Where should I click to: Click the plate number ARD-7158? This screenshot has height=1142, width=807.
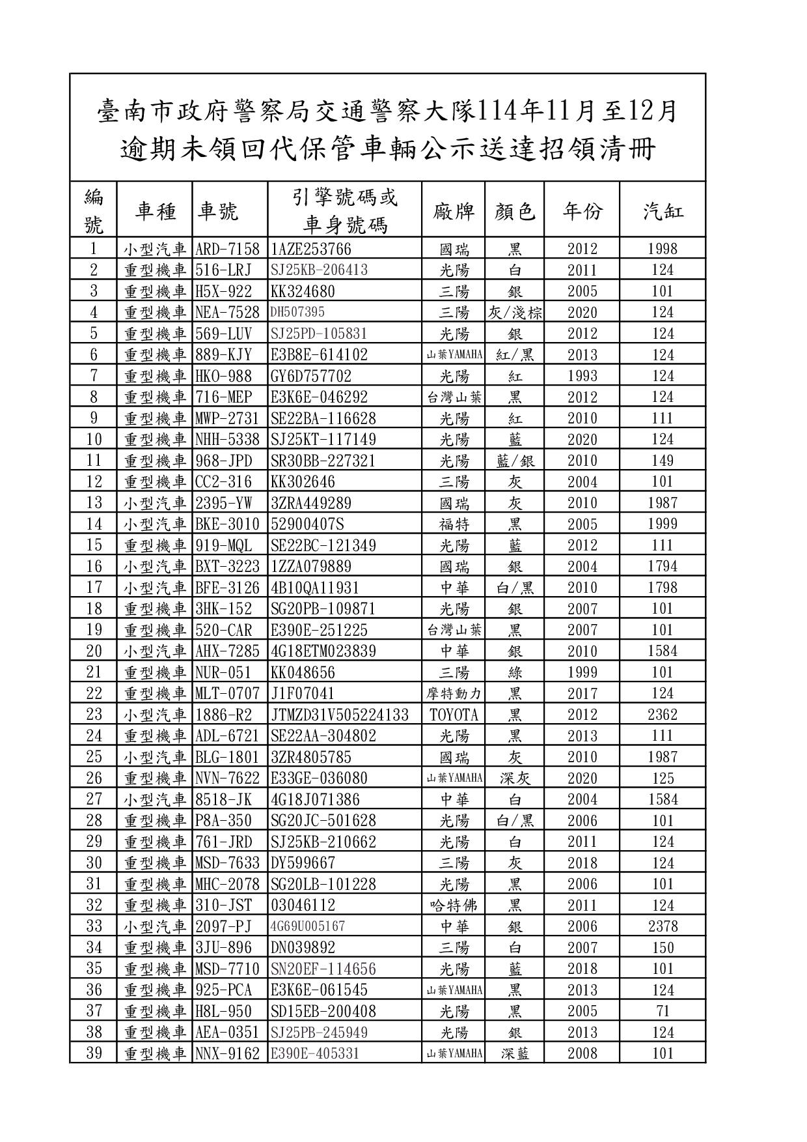click(227, 249)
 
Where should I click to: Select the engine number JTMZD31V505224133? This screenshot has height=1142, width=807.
click(339, 715)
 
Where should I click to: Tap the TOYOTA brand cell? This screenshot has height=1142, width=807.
click(454, 715)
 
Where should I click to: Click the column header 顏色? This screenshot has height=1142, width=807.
click(514, 211)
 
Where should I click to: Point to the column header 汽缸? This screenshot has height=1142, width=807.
click(663, 211)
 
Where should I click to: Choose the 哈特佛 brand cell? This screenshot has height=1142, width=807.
click(454, 906)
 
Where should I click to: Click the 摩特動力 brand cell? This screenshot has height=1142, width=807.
click(454, 694)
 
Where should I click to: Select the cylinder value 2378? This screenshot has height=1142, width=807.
click(663, 926)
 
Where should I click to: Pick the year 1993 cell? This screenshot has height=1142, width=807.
click(582, 376)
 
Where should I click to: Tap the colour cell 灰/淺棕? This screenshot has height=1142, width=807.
click(515, 313)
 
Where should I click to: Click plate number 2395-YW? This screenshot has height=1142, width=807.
click(223, 503)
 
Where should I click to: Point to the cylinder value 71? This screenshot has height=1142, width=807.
click(663, 1011)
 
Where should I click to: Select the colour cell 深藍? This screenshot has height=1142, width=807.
click(515, 1053)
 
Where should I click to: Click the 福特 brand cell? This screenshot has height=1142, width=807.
click(454, 524)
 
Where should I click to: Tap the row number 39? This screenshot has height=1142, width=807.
click(94, 1053)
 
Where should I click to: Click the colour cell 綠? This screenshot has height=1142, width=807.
click(515, 672)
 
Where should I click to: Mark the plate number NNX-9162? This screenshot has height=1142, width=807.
click(227, 1053)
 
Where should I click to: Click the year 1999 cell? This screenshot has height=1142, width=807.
click(582, 672)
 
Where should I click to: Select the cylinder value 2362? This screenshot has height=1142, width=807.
click(663, 715)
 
